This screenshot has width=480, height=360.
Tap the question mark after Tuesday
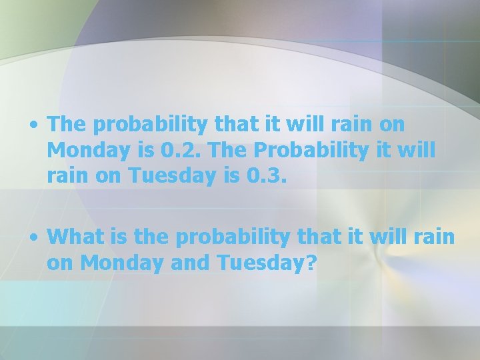pos(311,263)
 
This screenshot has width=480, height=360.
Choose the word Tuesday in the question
pos(259,263)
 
